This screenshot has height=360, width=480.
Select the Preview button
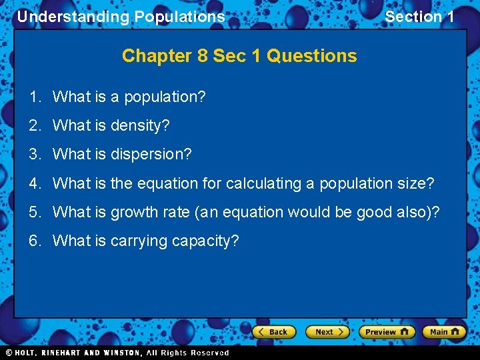[x=387, y=331]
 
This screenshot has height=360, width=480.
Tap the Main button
[x=445, y=331]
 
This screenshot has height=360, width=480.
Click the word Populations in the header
[x=179, y=17]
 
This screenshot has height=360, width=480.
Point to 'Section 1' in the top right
[x=419, y=17]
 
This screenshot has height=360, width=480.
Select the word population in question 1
[x=165, y=97]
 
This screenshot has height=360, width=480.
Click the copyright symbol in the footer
[x=9, y=353]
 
